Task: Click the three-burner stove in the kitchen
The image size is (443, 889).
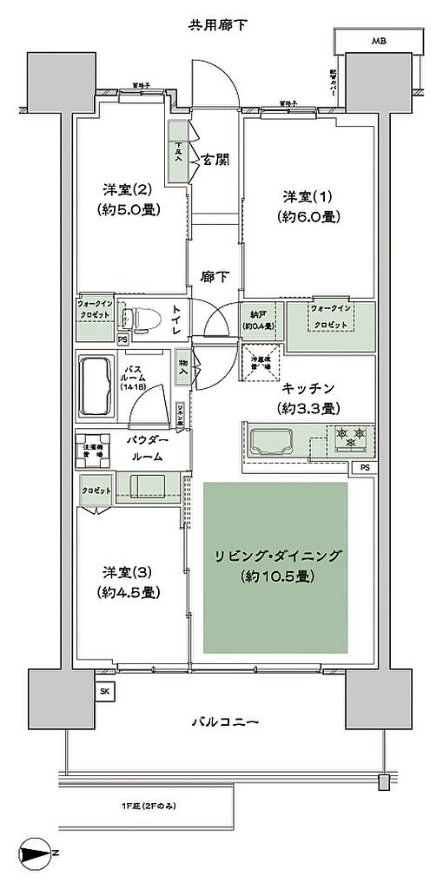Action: [x=350, y=438]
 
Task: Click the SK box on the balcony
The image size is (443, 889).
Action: [x=105, y=691]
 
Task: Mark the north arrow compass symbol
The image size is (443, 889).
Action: [x=36, y=855]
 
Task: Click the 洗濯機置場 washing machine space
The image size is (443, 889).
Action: [x=95, y=451]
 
